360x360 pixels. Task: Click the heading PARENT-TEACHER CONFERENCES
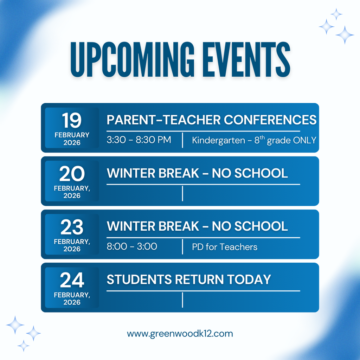211,120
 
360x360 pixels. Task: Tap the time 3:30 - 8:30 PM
139,140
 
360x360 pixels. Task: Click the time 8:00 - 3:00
132,246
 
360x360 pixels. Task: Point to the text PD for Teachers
225,247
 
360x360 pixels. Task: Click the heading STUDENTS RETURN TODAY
189,279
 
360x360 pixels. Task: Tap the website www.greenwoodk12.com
180,333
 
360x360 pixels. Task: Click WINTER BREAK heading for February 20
197,173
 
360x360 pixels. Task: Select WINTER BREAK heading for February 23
197,226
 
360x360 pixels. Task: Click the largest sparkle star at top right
345,34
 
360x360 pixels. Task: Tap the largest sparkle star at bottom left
15,325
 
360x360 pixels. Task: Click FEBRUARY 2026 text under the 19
72,139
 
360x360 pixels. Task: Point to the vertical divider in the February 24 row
182,300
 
